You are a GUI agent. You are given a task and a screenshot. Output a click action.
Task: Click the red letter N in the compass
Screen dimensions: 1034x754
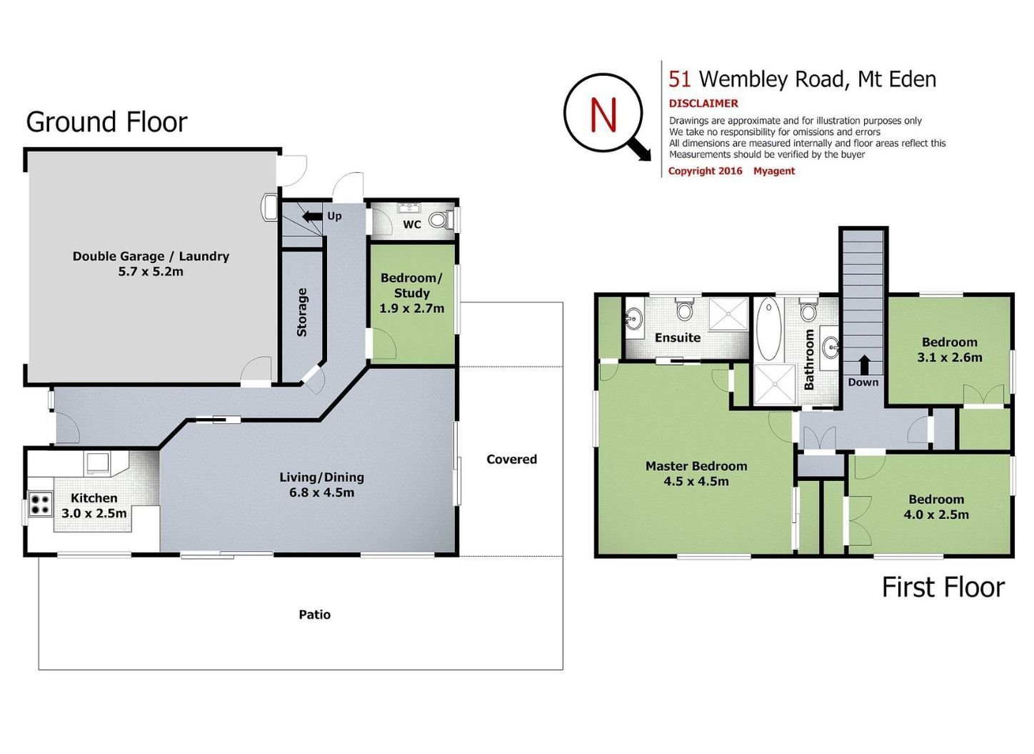point(603,115)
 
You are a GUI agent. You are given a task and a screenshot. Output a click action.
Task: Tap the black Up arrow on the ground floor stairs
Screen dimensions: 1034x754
point(312,216)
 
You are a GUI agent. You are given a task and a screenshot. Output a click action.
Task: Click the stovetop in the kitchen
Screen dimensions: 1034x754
point(40,504)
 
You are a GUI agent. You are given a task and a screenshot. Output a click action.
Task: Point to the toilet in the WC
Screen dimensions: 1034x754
point(438,219)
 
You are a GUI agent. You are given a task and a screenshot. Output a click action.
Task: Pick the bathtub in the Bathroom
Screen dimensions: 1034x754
point(768,329)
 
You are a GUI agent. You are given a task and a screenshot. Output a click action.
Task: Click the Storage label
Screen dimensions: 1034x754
point(302,312)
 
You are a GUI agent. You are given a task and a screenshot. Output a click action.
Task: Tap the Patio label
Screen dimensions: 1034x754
point(315,615)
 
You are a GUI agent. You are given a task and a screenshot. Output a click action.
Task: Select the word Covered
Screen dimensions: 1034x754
point(511,460)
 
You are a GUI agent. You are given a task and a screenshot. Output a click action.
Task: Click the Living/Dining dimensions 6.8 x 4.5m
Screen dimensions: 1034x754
point(322,492)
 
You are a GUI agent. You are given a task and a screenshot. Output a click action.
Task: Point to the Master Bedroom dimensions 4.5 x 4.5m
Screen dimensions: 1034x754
point(696,482)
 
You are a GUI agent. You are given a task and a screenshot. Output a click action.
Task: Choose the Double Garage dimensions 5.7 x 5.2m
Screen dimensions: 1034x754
point(151,272)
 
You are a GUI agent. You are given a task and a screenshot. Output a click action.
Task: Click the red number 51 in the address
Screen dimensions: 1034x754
point(680,79)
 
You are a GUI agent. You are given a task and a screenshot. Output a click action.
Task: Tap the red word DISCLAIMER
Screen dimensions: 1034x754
point(703,104)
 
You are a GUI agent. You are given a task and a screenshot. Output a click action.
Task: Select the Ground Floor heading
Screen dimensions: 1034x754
point(106,122)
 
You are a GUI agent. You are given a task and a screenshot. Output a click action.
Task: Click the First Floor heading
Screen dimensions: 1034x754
point(943,587)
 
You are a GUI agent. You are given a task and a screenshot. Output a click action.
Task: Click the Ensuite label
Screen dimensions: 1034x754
point(678,338)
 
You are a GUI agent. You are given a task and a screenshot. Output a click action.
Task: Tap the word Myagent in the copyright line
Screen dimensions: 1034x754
point(774,171)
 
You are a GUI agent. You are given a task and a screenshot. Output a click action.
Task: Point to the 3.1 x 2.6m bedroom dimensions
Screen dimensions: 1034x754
point(950,357)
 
